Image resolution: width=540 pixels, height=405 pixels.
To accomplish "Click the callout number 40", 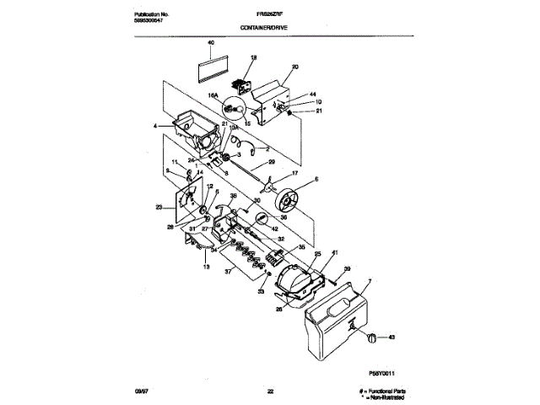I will click(x=211, y=42).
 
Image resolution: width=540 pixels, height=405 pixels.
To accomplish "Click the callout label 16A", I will click(x=213, y=97).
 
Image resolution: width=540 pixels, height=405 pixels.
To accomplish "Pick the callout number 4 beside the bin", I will click(x=155, y=127).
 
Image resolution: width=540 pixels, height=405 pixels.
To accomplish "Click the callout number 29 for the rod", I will click(x=272, y=160).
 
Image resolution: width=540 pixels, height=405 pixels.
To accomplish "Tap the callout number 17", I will click(x=294, y=173).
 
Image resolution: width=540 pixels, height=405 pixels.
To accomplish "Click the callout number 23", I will click(x=158, y=207).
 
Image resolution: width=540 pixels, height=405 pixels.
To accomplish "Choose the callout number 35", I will click(x=301, y=247).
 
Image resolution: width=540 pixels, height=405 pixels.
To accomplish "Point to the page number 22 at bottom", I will click(x=271, y=391).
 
